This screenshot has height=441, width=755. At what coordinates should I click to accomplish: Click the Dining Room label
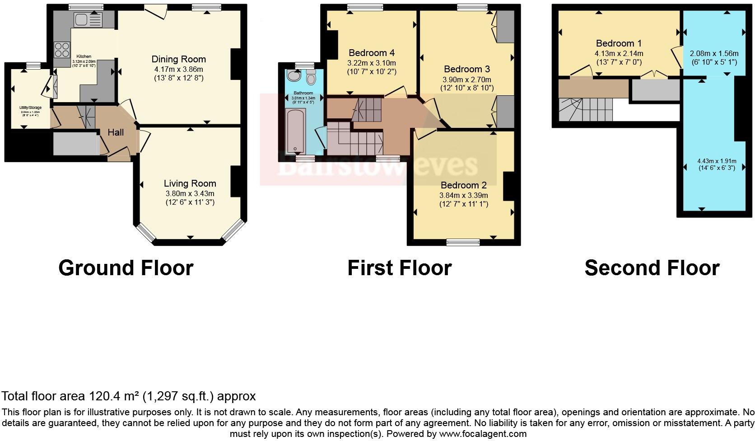(178, 59)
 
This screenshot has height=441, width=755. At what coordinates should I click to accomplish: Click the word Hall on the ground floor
(116, 132)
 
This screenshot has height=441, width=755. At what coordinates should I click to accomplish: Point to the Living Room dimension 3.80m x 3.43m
(190, 193)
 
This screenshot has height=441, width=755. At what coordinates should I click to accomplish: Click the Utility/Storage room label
(30, 108)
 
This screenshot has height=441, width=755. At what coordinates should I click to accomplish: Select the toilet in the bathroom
(311, 78)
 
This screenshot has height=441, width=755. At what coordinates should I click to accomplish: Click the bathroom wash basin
(294, 76)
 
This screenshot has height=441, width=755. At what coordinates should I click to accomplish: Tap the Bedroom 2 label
(464, 185)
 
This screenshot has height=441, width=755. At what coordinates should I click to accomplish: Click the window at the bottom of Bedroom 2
(463, 243)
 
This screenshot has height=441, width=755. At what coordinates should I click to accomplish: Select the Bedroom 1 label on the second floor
(619, 43)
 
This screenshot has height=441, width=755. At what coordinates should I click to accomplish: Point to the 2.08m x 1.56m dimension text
(714, 53)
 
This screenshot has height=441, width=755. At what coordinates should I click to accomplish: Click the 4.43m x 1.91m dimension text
(716, 161)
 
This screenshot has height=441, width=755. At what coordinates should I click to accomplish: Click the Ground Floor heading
(126, 268)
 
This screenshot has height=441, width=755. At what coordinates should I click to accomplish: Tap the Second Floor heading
(652, 268)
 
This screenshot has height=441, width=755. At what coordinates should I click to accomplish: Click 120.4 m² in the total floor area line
(113, 396)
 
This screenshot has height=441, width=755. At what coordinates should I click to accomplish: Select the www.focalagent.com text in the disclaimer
(483, 434)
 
